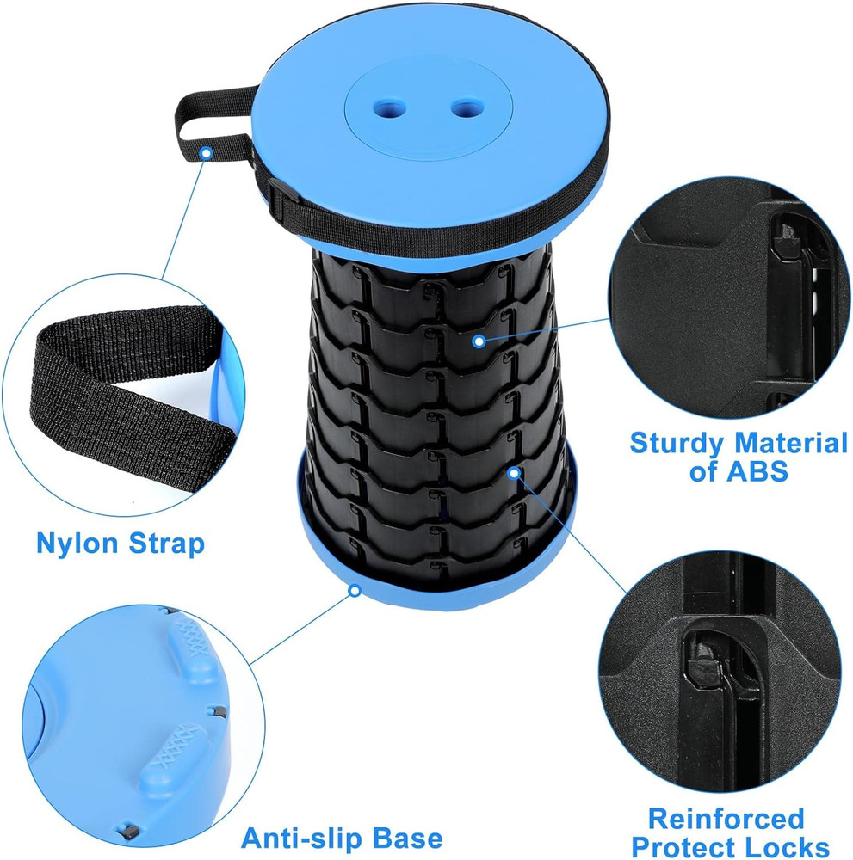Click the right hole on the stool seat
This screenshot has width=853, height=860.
coord(467,108)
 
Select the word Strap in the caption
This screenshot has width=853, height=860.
coord(166,544)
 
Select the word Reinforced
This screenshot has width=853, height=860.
coord(726,817)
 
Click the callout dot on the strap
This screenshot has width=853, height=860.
coord(206,153)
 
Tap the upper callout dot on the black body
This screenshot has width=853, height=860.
coord(479,341)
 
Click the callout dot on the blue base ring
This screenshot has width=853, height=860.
coord(353,591)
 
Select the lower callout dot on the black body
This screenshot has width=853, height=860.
coord(514,472)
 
